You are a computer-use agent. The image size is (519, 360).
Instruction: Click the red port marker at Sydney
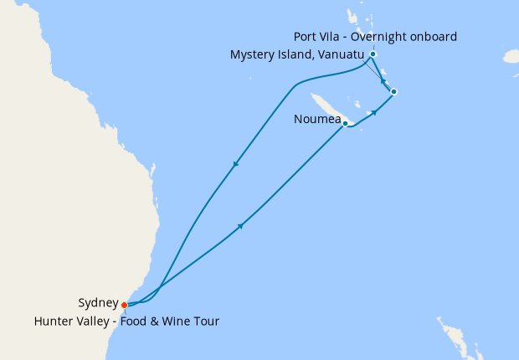[125, 305]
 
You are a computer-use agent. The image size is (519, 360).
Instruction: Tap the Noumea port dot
[345, 124]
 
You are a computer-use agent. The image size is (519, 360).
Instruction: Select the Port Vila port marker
[373, 54]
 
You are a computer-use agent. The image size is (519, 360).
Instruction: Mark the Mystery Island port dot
[393, 91]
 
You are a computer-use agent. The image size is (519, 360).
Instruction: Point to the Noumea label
[317, 119]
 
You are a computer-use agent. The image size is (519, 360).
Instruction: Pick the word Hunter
[53, 321]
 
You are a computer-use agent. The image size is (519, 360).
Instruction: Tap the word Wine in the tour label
[177, 321]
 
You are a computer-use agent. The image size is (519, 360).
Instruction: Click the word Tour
[206, 321]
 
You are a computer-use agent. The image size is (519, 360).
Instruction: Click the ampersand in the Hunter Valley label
[154, 321]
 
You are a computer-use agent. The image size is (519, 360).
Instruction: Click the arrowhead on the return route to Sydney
[236, 164]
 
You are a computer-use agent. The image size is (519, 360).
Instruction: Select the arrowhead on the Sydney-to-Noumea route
[241, 226]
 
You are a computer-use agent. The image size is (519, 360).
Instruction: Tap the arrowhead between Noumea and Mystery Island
[374, 111]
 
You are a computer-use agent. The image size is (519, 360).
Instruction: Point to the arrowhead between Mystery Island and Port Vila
[383, 82]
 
